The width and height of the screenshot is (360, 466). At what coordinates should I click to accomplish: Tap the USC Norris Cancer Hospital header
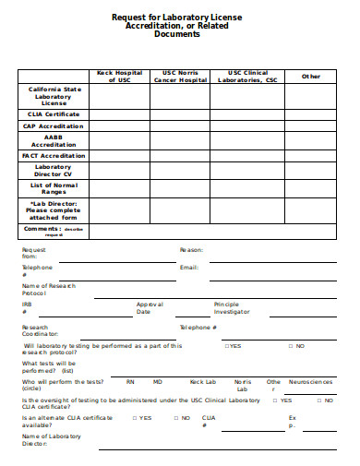click(180, 77)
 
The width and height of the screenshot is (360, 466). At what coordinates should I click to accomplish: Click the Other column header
click(310, 77)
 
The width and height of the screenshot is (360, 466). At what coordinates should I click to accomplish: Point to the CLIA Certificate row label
click(53, 114)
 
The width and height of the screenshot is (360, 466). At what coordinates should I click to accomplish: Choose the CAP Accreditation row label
click(53, 125)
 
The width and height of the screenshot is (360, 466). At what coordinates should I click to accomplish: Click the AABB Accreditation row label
click(53, 140)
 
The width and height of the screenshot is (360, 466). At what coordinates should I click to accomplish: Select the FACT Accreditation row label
click(53, 155)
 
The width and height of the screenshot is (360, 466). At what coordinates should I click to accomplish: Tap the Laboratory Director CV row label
click(53, 170)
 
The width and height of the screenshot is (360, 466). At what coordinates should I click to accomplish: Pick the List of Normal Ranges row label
click(53, 188)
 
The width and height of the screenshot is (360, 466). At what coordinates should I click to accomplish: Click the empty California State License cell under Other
click(310, 96)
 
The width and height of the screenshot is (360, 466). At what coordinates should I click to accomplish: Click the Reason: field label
click(191, 250)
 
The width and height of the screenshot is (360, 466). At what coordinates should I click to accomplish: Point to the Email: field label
click(189, 267)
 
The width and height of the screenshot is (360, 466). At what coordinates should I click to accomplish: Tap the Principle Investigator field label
click(232, 307)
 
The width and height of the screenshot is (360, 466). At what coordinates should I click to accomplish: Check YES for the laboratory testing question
click(233, 346)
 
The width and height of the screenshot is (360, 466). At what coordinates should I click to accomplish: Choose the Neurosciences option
click(310, 381)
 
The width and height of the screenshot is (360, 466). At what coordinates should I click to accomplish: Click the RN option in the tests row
click(130, 381)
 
